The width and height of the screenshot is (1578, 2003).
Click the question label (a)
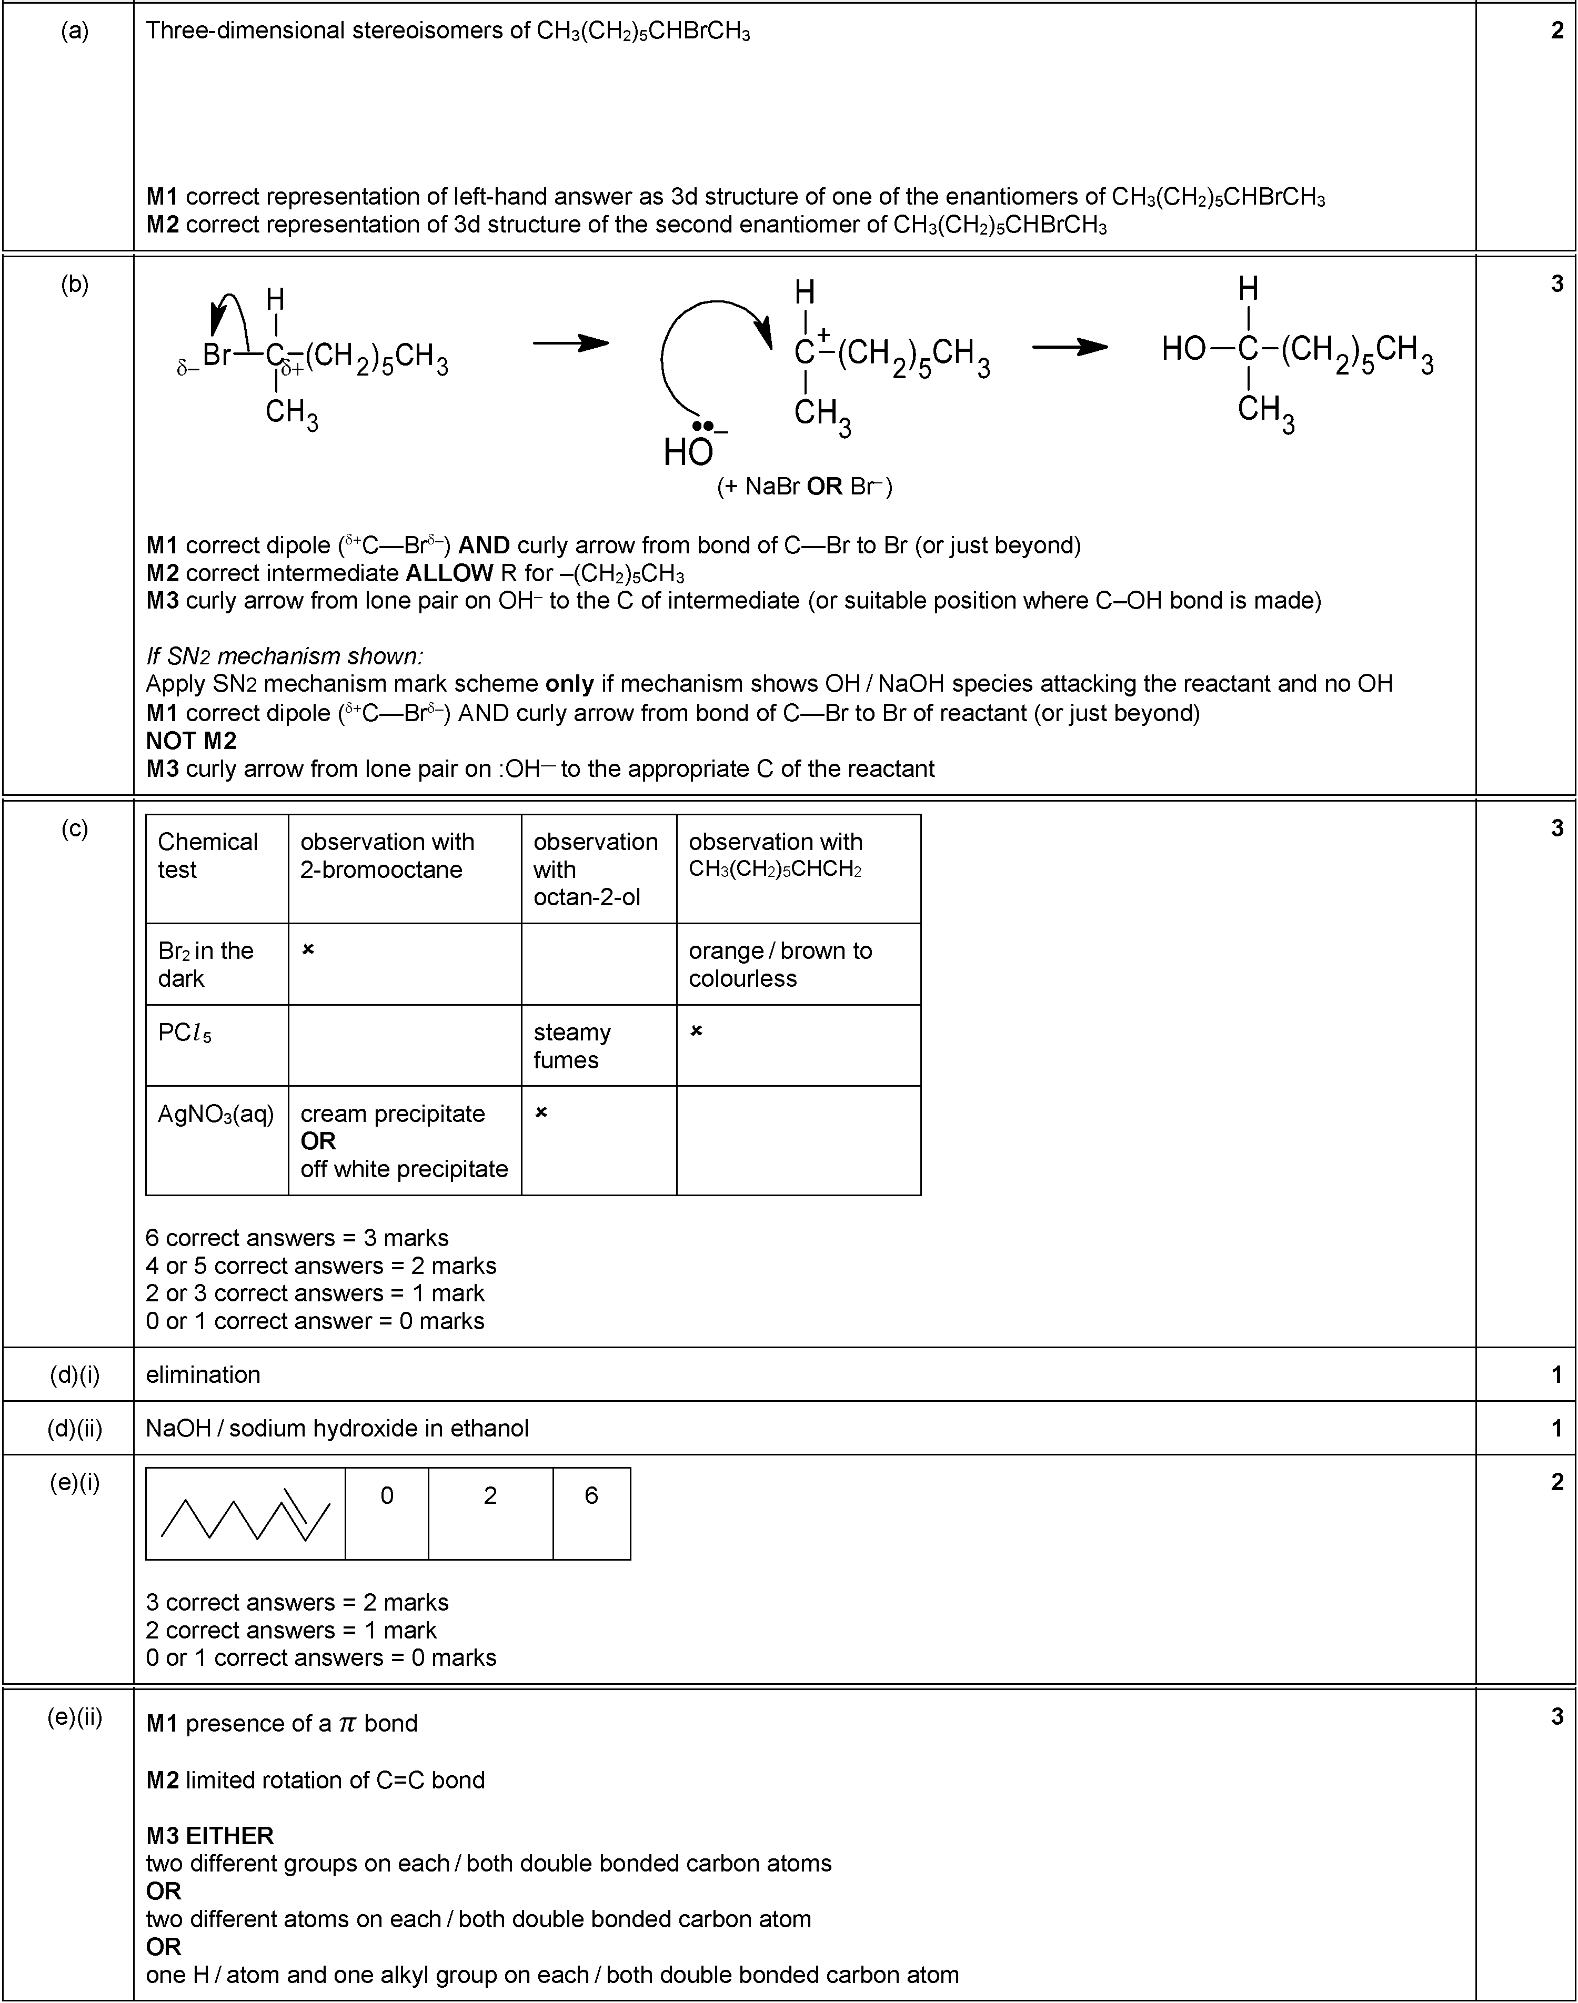[x=75, y=32]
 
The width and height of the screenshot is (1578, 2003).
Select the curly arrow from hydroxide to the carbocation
[x=702, y=351]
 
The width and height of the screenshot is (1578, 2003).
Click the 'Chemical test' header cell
[x=208, y=855]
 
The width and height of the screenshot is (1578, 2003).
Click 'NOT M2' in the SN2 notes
[x=191, y=741]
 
